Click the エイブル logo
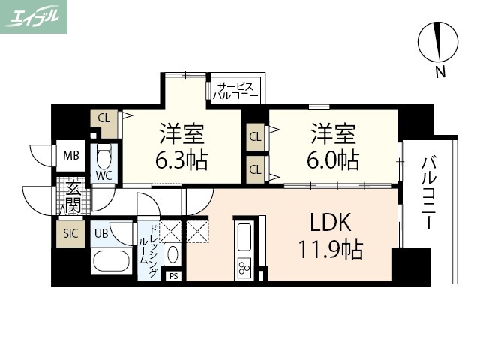34,16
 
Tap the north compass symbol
437,42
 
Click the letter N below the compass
440,73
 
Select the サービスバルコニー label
235,91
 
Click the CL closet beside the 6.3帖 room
103,118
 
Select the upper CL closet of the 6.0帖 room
255,136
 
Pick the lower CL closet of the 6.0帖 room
255,169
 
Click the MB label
70,156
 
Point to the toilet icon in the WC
103,158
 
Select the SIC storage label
70,233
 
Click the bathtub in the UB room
112,262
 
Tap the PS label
174,275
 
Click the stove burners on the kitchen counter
245,266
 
